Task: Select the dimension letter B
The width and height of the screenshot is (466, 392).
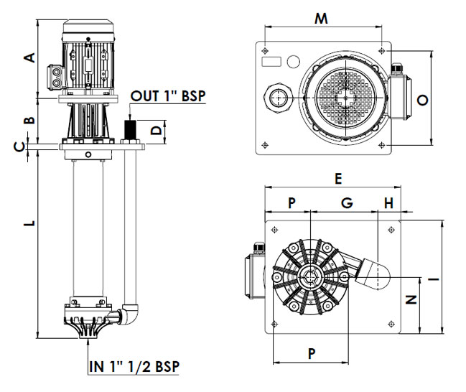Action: [29, 119]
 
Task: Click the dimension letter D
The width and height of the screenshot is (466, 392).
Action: [155, 130]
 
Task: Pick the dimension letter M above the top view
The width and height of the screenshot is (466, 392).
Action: [321, 19]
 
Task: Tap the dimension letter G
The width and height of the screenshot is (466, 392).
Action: [347, 203]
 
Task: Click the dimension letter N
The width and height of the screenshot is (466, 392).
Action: [411, 300]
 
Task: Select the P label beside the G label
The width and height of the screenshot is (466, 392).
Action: [292, 203]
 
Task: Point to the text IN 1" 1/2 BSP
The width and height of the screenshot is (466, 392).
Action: [134, 366]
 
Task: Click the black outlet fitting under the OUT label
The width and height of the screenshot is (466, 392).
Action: [130, 130]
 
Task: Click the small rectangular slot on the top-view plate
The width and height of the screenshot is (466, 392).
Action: [272, 62]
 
